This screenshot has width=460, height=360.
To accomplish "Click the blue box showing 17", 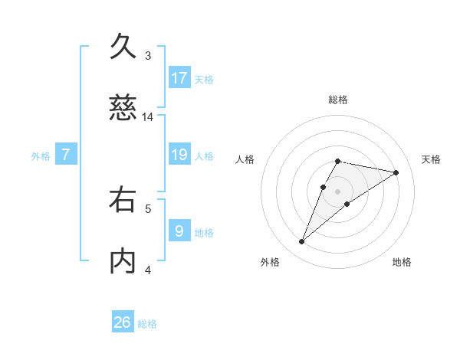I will point(179,77).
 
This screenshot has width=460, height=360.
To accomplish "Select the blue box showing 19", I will point(179,155).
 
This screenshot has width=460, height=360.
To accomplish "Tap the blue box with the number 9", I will point(179,231).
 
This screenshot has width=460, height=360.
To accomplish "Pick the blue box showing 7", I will point(66,155).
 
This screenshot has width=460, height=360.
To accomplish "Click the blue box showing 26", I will point(123,322).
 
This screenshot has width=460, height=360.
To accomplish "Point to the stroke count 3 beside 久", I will point(148,56).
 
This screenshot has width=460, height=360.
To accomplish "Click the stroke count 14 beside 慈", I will point(148,117).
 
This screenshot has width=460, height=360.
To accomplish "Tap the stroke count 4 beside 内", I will point(148,270).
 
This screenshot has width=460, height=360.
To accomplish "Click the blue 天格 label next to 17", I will point(204,79).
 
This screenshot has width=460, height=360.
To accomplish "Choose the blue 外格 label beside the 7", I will point(41,156).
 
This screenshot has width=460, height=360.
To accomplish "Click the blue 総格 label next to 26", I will point(147,324).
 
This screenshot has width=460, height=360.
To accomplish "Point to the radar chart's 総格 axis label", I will point(338,100).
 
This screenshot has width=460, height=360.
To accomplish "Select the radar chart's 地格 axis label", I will point(402,262).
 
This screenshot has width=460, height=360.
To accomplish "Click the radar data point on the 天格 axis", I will point(396,172).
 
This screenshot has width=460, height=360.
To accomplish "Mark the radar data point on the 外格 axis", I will point(302,242).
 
